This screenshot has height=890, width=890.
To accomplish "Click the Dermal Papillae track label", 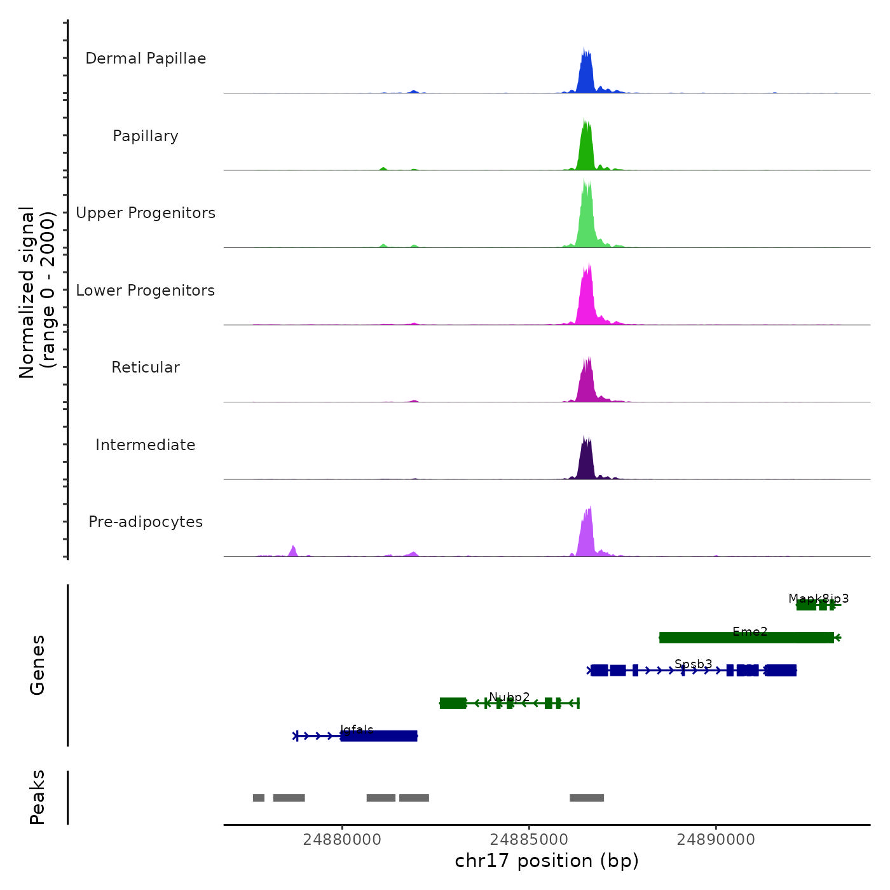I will [x=146, y=58].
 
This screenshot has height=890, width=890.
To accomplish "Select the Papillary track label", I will [x=146, y=136].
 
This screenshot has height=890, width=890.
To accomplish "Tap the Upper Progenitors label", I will [x=146, y=213].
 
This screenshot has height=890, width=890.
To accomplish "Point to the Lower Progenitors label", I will [x=146, y=291].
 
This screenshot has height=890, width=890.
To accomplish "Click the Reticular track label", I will [x=146, y=367].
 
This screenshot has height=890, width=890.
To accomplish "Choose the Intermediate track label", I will [x=146, y=445].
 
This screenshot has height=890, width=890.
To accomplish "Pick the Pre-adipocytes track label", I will [x=146, y=522].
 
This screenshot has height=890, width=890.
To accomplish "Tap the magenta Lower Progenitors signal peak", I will [x=587, y=299].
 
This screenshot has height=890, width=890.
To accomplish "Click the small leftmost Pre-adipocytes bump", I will [x=293, y=551].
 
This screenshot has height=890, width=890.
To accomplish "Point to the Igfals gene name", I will [x=357, y=729].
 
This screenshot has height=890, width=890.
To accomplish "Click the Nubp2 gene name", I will [x=509, y=697].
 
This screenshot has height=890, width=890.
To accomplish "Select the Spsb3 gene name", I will [x=694, y=664].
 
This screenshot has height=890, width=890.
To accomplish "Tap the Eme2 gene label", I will [x=750, y=631].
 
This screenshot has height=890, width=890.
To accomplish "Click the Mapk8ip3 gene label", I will [x=819, y=598].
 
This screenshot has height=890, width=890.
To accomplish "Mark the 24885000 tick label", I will [x=530, y=839].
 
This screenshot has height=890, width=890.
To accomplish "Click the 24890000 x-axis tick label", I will [x=716, y=839].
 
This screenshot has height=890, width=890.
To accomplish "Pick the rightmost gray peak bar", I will [x=587, y=798].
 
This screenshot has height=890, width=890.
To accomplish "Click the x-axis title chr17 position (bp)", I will [x=547, y=861].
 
